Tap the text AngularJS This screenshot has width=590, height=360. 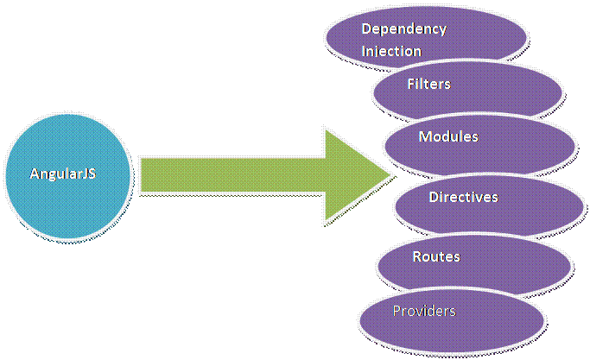click(63, 174)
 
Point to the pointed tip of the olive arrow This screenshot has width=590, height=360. click(393, 176)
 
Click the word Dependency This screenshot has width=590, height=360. click(403, 28)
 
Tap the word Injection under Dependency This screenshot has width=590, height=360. click(391, 51)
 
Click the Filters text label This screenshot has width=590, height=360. click(428, 85)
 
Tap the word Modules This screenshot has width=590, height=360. click(448, 136)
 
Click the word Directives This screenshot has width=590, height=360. click(463, 198)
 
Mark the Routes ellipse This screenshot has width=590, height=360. click(473, 263)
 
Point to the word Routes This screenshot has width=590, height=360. click(436, 256)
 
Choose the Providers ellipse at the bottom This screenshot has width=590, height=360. click(452, 319)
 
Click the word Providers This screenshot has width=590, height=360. click(423, 310)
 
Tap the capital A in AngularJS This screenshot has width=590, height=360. click(35, 174)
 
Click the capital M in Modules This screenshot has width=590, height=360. click(424, 136)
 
